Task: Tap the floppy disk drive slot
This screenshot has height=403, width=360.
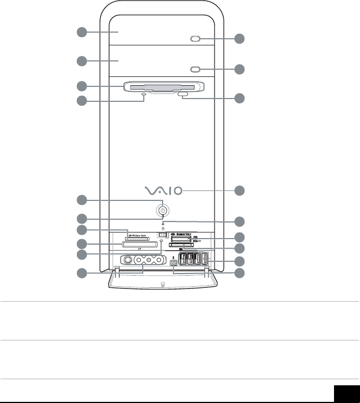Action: (164, 86)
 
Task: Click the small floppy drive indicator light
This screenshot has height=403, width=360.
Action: (144, 95)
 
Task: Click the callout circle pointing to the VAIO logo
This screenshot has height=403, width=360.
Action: (239, 191)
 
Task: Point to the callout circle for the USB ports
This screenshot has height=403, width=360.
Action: (239, 261)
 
